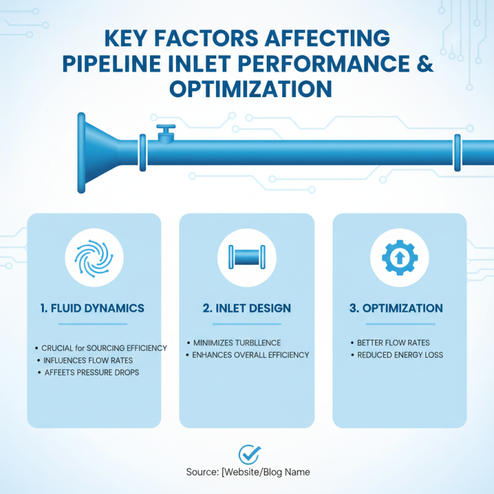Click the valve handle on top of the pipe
pos(165,130)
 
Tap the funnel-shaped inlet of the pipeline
pos(99,153)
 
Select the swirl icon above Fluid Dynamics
pos(94,258)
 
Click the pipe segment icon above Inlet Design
pos(247,257)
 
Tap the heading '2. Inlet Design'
pos(247,308)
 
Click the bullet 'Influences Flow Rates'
pos(88,360)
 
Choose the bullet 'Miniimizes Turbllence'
pos(237,343)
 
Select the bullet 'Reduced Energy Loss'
pos(400,355)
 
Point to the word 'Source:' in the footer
pos(202,472)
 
